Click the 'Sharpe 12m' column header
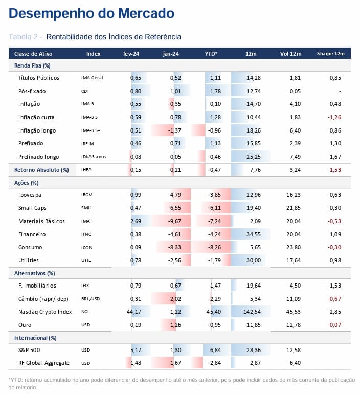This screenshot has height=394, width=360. (330, 54)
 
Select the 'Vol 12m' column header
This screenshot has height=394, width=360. (290, 54)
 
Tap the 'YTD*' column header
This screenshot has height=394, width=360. (211, 54)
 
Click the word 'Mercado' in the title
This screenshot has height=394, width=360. (146, 13)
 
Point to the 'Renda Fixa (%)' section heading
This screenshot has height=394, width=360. (32, 65)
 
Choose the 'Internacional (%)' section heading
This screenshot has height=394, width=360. (35, 338)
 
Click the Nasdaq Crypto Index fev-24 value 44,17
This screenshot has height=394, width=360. (134, 312)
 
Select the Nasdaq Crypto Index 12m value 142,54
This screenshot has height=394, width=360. (252, 312)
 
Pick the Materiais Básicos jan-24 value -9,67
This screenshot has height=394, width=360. (174, 221)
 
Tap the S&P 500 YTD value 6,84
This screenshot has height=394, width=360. (215, 350)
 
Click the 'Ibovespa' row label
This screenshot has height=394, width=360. (30, 195)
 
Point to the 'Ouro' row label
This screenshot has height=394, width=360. (25, 325)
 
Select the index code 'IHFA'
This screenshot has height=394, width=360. (86, 170)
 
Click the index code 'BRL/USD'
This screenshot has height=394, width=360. (91, 299)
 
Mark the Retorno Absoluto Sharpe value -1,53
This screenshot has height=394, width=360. (334, 170)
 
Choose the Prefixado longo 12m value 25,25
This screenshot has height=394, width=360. (254, 157)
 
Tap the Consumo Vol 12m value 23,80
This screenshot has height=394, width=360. (294, 247)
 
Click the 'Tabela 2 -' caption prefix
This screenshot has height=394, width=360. (25, 37)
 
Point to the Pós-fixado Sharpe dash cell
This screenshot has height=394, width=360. (340, 91)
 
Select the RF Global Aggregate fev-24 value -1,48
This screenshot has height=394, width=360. (134, 363)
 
